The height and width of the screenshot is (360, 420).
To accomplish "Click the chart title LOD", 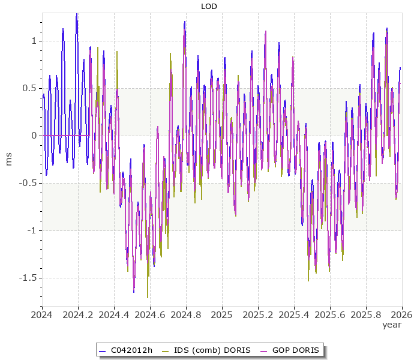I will [x=209, y=7].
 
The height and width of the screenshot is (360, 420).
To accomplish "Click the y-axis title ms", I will [x=8, y=159].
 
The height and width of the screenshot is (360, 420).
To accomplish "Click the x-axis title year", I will [x=392, y=325].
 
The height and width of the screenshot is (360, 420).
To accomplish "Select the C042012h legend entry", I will [x=126, y=350].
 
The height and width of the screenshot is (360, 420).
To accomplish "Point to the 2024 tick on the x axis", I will [x=42, y=314].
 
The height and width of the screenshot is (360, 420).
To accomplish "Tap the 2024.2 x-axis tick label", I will [x=78, y=314].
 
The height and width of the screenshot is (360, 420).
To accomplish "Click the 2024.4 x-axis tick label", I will [x=114, y=314].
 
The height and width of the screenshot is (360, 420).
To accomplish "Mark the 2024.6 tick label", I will [x=150, y=314].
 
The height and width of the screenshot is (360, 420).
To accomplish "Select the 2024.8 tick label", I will [x=186, y=314].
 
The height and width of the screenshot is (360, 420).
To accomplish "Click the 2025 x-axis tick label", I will [x=222, y=314].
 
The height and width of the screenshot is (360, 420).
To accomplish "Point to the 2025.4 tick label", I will [x=294, y=314].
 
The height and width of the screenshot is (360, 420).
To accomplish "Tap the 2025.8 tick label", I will [x=366, y=314].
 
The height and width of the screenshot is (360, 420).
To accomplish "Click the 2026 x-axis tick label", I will [x=402, y=314].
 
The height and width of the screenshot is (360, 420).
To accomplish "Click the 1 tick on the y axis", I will [x=34, y=41].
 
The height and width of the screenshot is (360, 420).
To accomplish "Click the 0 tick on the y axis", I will [x=34, y=136].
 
